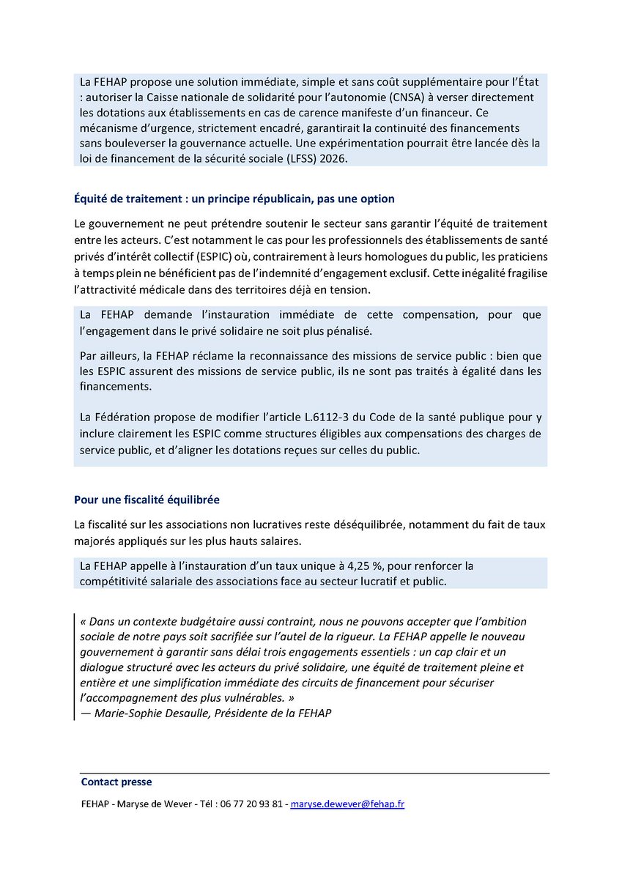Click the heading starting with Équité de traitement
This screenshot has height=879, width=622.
click(234, 199)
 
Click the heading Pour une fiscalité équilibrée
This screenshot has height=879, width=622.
click(147, 500)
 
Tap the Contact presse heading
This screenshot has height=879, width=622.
click(116, 782)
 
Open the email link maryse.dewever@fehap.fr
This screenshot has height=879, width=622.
click(347, 804)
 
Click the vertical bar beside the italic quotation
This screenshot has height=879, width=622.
click(75, 667)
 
